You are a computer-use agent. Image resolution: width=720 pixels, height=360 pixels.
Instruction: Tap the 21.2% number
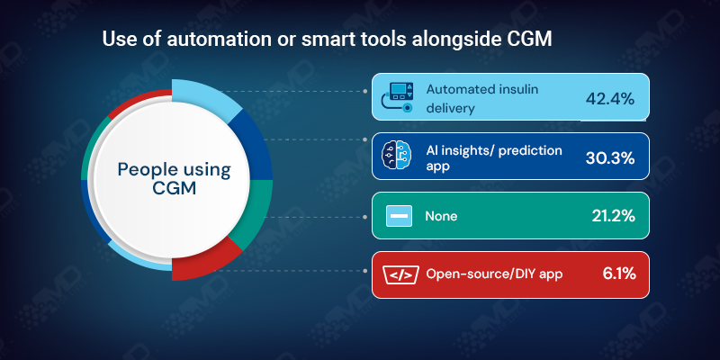click(x=611, y=217)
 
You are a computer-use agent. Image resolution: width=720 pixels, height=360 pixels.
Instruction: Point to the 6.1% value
click(x=616, y=274)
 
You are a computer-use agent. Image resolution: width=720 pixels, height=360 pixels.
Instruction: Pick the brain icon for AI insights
click(x=398, y=157)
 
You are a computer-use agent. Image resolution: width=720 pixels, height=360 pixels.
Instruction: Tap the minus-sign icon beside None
click(x=398, y=217)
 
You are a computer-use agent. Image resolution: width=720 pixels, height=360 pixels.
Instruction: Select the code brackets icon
click(x=398, y=274)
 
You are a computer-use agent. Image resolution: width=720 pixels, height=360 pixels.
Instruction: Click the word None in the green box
click(x=441, y=217)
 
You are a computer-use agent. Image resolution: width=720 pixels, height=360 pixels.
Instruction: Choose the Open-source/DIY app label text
click(x=494, y=274)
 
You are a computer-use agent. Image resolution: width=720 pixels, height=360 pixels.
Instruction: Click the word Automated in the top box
click(x=456, y=90)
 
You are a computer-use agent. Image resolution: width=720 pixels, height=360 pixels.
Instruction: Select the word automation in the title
click(x=193, y=40)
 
